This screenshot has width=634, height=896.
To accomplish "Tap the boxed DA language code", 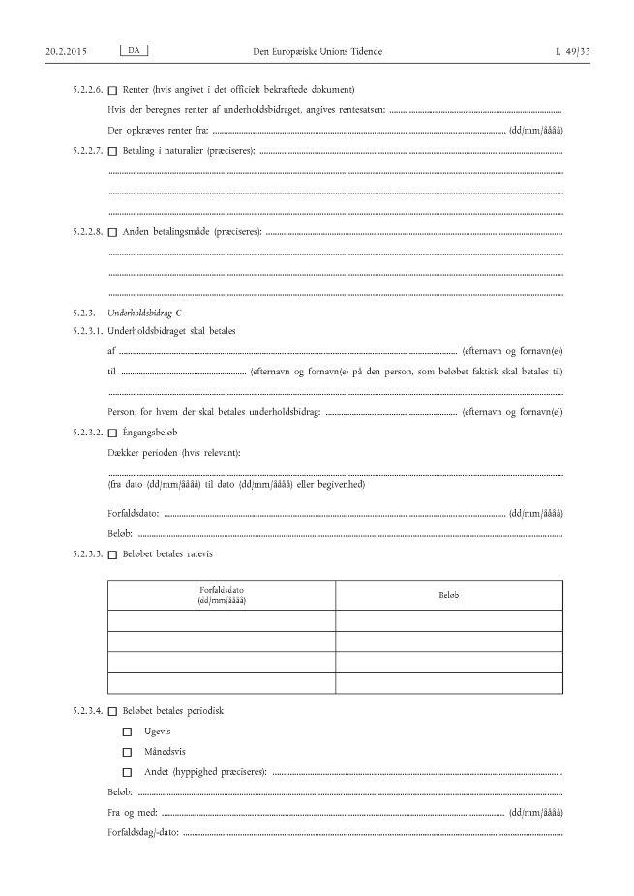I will [x=133, y=48].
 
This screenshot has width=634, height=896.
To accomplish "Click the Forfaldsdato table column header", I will [x=222, y=594].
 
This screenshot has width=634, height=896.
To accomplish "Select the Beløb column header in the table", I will [x=449, y=594].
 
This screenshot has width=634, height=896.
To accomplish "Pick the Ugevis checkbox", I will [x=127, y=732].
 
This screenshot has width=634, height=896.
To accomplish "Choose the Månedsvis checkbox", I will [x=127, y=752].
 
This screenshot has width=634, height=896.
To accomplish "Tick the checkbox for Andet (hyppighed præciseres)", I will [x=127, y=772].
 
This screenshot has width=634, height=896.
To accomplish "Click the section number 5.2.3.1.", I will [x=87, y=331].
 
